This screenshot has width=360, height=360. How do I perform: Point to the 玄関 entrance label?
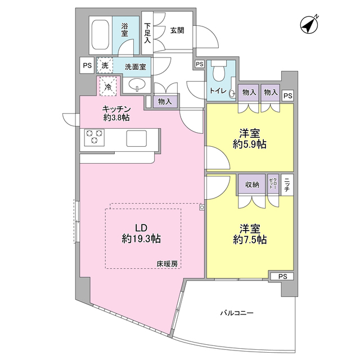(x=177, y=30)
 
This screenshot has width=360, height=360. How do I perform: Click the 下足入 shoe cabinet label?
(x=147, y=33)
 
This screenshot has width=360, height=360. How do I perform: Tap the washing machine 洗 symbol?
(x=105, y=66)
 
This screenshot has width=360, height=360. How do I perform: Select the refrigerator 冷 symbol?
(x=109, y=86)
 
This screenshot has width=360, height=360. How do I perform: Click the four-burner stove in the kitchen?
(x=94, y=137)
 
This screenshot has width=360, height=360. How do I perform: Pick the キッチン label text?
(x=117, y=109)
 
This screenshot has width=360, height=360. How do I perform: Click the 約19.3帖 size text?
(x=141, y=238)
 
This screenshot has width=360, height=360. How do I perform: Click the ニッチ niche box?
(x=286, y=185)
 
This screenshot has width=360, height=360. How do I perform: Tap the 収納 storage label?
(x=251, y=184)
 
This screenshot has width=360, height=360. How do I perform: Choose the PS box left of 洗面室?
(x=87, y=65)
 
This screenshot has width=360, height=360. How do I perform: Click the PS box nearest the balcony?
(x=282, y=276)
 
